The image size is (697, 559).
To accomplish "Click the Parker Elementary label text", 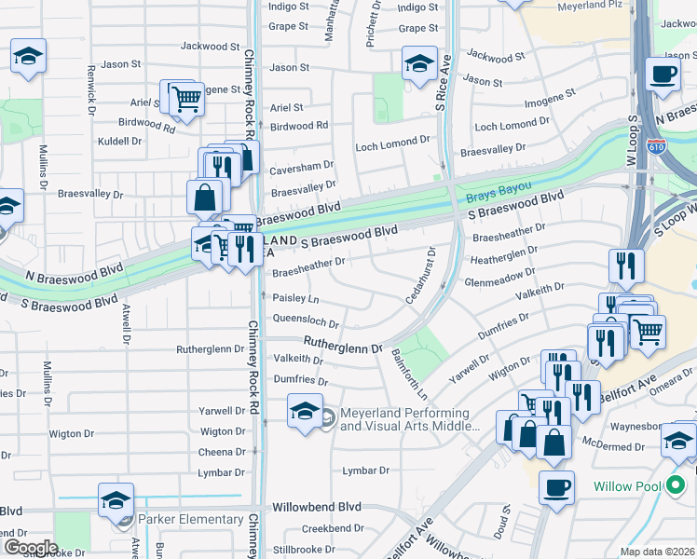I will (x=191, y=519).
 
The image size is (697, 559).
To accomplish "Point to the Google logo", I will (x=31, y=548).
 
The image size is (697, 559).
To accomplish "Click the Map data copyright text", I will (x=657, y=552).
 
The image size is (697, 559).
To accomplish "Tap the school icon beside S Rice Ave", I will (x=419, y=63).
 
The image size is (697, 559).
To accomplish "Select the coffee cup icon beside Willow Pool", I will (x=557, y=486).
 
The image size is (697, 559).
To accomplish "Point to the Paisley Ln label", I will (x=295, y=299).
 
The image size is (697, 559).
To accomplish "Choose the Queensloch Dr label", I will (x=306, y=320).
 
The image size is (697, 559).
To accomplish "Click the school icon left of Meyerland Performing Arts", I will (x=305, y=411).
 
